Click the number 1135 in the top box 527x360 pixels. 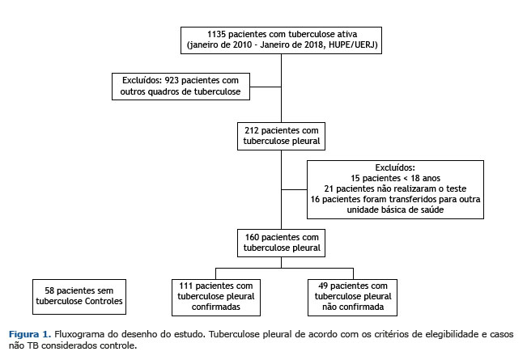coord(216,34)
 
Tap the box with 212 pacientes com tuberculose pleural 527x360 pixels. coord(282,136)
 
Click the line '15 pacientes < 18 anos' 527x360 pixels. coord(395,178)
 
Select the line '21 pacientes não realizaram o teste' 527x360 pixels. coord(395,188)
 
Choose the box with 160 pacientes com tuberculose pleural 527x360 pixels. coord(282,243)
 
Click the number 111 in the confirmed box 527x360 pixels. coord(186,286)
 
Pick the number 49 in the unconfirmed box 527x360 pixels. coord(323,286)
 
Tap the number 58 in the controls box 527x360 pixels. coord(49,290)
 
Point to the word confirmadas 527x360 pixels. coord(216,307)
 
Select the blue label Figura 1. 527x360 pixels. coord(30,334)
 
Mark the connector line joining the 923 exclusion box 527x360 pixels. coord(266,87)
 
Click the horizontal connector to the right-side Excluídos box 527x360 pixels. coord(294,190)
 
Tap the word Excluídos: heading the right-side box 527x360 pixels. coord(395,167)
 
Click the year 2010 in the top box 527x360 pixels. coord(242,44)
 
